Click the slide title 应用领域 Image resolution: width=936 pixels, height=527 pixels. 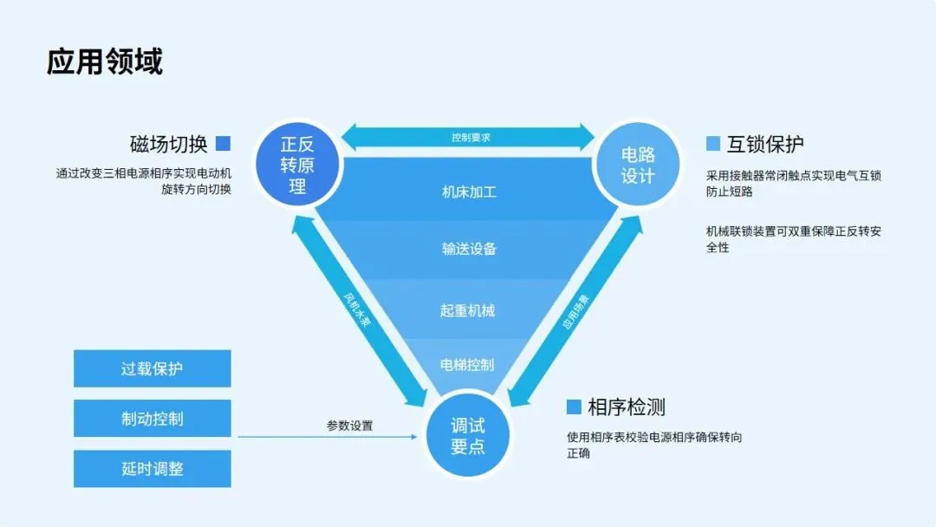105,62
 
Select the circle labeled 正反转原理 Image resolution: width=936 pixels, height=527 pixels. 297,163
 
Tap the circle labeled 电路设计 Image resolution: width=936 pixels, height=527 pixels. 638,165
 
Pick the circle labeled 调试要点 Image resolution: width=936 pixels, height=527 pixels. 468,436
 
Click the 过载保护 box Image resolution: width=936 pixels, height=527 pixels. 153,368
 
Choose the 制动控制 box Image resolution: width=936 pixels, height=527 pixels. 153,419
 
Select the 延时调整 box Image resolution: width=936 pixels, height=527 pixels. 153,469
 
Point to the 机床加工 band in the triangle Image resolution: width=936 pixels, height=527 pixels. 468,191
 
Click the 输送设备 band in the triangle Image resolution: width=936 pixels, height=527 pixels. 468,249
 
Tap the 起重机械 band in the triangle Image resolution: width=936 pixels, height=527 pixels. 468,309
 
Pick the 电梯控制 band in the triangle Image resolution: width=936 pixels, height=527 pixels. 468,364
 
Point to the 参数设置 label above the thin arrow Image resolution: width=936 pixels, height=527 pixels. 349,426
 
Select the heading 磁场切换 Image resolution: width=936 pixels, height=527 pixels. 168,143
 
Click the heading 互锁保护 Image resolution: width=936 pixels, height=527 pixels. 765,143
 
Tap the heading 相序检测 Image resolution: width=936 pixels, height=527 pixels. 627,407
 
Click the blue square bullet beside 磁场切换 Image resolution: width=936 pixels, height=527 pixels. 224,143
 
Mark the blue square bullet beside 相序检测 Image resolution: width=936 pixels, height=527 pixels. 574,407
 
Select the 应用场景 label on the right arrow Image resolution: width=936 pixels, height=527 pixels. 576,312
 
